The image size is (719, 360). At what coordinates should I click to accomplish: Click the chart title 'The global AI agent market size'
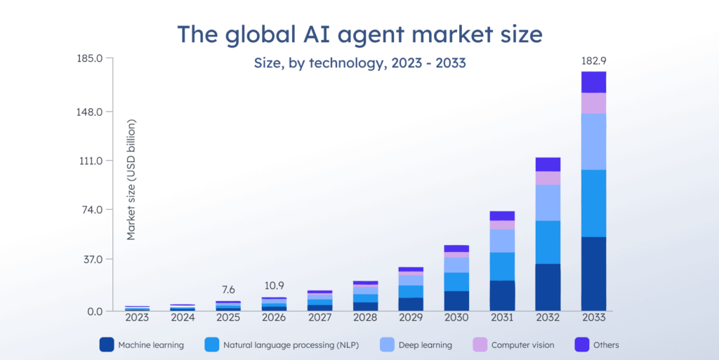pos(359,33)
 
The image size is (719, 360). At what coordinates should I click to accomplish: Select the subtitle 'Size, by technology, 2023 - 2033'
pos(359,63)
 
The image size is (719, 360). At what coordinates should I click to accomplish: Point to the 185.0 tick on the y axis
pos(90,58)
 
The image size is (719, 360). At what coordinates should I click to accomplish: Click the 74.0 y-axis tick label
pos(92,210)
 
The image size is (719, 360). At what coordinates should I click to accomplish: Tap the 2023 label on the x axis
pos(137,317)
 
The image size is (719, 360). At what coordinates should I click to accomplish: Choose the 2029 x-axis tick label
pos(410,317)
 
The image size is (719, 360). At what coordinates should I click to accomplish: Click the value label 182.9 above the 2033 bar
pos(593,62)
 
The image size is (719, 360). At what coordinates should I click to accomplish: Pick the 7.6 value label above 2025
pos(228,289)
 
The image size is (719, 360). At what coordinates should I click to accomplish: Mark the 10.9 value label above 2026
pos(274,286)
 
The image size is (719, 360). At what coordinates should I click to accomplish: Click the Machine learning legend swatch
pos(106,345)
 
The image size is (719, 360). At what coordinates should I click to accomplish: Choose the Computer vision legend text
pos(522,345)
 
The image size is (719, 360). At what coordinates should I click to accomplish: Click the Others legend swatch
pos(582,345)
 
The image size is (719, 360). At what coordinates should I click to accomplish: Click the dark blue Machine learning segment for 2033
pos(593,274)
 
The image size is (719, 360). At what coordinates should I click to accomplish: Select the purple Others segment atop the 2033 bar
pos(593,82)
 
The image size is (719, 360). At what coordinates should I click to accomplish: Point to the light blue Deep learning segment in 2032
pos(548,202)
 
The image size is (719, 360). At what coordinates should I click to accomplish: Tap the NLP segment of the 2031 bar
pos(502,266)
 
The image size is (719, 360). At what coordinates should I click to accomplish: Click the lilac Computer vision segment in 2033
pos(593,103)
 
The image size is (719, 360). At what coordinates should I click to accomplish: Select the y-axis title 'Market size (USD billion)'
pos(131,180)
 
